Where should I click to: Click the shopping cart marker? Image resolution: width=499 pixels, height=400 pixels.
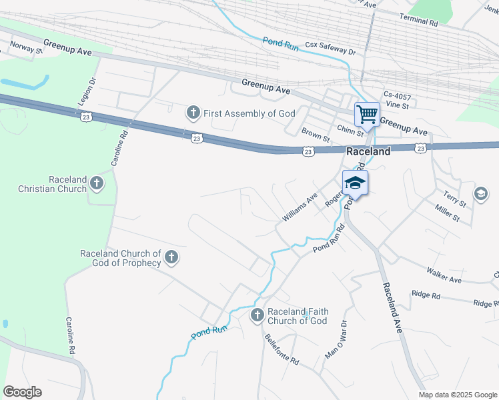coord(366,114)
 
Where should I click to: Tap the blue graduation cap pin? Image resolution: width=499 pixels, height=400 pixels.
coord(355,183)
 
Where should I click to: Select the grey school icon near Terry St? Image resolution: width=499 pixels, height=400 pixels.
coord(480,193)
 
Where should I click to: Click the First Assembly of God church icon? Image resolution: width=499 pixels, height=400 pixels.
coord(193,113)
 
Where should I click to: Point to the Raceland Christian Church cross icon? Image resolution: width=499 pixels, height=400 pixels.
coord(97,183)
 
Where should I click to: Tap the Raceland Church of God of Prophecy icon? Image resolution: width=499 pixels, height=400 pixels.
coord(171,257)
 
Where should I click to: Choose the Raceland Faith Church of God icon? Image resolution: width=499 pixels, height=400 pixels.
coord(258,315)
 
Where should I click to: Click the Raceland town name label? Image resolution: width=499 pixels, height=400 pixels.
coord(368,151)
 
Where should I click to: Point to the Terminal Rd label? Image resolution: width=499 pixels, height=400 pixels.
coord(418,22)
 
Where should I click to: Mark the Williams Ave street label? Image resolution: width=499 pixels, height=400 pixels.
coord(300,208)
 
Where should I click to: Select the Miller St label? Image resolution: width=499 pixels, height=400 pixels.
coord(447,214)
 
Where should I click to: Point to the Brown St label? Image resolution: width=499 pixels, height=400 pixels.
coord(316,135)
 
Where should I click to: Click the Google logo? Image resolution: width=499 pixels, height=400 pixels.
coord(23,392)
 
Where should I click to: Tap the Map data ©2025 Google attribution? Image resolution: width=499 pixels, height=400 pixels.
coord(458,395)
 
